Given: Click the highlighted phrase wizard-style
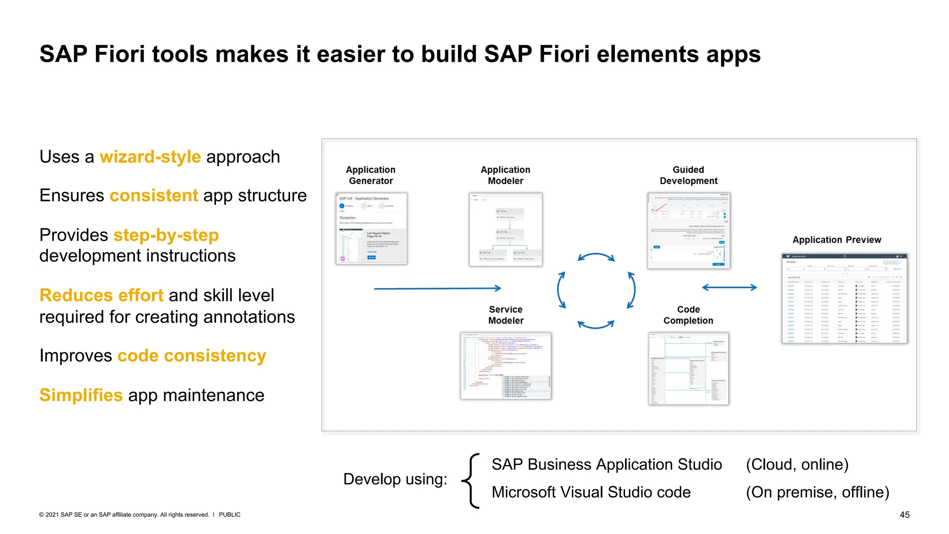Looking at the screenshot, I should click(x=150, y=157).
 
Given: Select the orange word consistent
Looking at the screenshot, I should click(x=154, y=196).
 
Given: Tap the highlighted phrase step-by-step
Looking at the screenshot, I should click(x=166, y=235).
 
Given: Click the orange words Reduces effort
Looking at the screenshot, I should click(x=101, y=295).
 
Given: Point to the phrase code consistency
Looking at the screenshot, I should click(x=192, y=356).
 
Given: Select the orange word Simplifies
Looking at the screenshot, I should click(x=81, y=395).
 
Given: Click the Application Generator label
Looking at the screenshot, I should click(x=371, y=175).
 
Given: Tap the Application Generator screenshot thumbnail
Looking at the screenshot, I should click(x=371, y=229).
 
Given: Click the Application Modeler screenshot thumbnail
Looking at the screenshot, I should click(x=506, y=229).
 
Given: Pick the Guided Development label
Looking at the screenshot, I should click(x=689, y=175).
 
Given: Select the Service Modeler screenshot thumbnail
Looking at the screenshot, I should click(x=506, y=366).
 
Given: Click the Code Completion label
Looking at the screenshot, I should click(x=688, y=315).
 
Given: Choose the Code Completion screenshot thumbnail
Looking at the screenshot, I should click(x=689, y=369).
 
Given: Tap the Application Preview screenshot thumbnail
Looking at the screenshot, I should click(x=844, y=299).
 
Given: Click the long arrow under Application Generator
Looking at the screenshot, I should click(x=437, y=288).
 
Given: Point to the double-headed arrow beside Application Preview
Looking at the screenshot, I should click(x=729, y=287).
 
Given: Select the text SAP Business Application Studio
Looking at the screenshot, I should click(x=607, y=464).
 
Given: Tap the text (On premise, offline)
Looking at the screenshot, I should click(x=817, y=492).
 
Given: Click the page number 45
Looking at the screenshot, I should click(x=905, y=515).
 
